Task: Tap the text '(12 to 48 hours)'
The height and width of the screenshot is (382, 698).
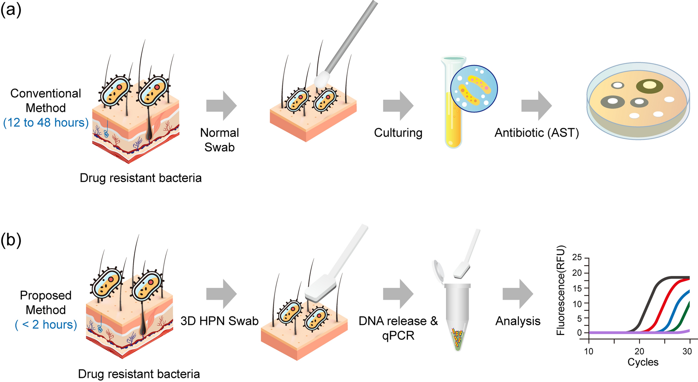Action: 46,123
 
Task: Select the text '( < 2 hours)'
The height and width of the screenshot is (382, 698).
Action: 46,325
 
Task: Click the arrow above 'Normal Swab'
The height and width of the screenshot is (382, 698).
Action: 221,106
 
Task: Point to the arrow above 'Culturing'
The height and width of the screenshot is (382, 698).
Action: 398,106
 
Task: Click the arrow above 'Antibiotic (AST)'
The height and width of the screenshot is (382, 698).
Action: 536,106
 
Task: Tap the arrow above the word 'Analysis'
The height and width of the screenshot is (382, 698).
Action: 518,294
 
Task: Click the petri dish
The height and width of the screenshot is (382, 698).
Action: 638,101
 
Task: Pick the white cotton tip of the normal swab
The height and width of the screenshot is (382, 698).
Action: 322,79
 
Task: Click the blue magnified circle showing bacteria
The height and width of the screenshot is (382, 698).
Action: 474,89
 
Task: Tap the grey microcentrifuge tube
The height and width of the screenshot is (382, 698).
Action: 457,315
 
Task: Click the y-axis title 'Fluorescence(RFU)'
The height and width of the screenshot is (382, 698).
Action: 561,290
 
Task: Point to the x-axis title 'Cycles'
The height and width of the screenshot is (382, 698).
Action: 643,362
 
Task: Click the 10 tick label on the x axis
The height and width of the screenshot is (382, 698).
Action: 589,351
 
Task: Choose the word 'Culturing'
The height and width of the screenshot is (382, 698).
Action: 398,133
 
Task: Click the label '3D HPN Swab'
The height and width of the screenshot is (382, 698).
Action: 220,321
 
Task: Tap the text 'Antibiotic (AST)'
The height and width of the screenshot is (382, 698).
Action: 536,133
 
